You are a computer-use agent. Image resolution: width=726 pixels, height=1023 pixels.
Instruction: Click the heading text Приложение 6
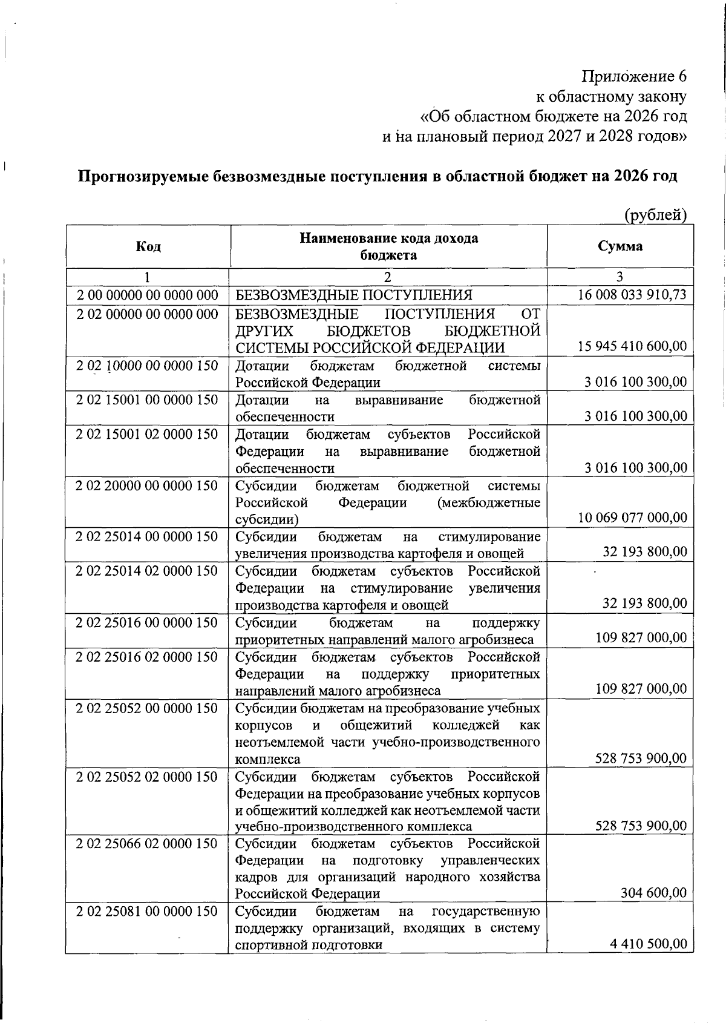tap(634, 77)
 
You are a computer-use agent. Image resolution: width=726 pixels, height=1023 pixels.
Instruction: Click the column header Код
tap(148, 246)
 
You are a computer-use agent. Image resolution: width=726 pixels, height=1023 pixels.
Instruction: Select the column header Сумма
tap(620, 246)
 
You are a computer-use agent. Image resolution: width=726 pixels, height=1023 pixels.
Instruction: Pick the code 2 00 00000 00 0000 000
tap(147, 295)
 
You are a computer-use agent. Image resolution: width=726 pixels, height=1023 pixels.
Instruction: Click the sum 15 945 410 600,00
tap(632, 347)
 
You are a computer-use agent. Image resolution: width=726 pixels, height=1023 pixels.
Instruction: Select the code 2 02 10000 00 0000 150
tap(147, 366)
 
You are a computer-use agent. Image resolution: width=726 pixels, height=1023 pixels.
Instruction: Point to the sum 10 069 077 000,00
tap(632, 518)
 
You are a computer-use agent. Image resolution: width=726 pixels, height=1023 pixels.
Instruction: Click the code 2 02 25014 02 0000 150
tap(147, 571)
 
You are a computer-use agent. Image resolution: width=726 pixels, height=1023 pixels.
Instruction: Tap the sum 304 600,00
tap(653, 893)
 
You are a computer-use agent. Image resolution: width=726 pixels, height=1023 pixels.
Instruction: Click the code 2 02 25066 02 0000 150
tap(147, 843)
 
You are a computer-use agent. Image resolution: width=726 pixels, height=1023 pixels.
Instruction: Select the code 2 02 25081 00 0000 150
tap(147, 911)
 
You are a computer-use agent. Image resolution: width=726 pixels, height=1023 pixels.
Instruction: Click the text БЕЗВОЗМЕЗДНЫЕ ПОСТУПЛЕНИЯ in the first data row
tap(353, 295)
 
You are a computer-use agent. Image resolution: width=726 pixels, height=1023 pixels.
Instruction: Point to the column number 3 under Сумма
tap(620, 277)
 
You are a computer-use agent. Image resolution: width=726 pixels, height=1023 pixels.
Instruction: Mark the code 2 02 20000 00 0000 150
tap(147, 485)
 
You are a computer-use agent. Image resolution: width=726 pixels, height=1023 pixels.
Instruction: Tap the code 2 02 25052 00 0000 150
tap(147, 708)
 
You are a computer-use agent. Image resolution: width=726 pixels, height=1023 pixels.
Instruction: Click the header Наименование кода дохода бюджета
tap(388, 246)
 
